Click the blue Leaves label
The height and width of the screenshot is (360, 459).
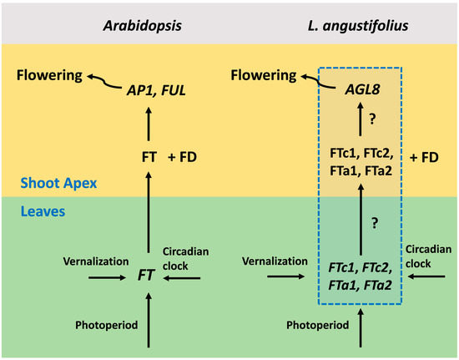(x=35, y=213)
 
